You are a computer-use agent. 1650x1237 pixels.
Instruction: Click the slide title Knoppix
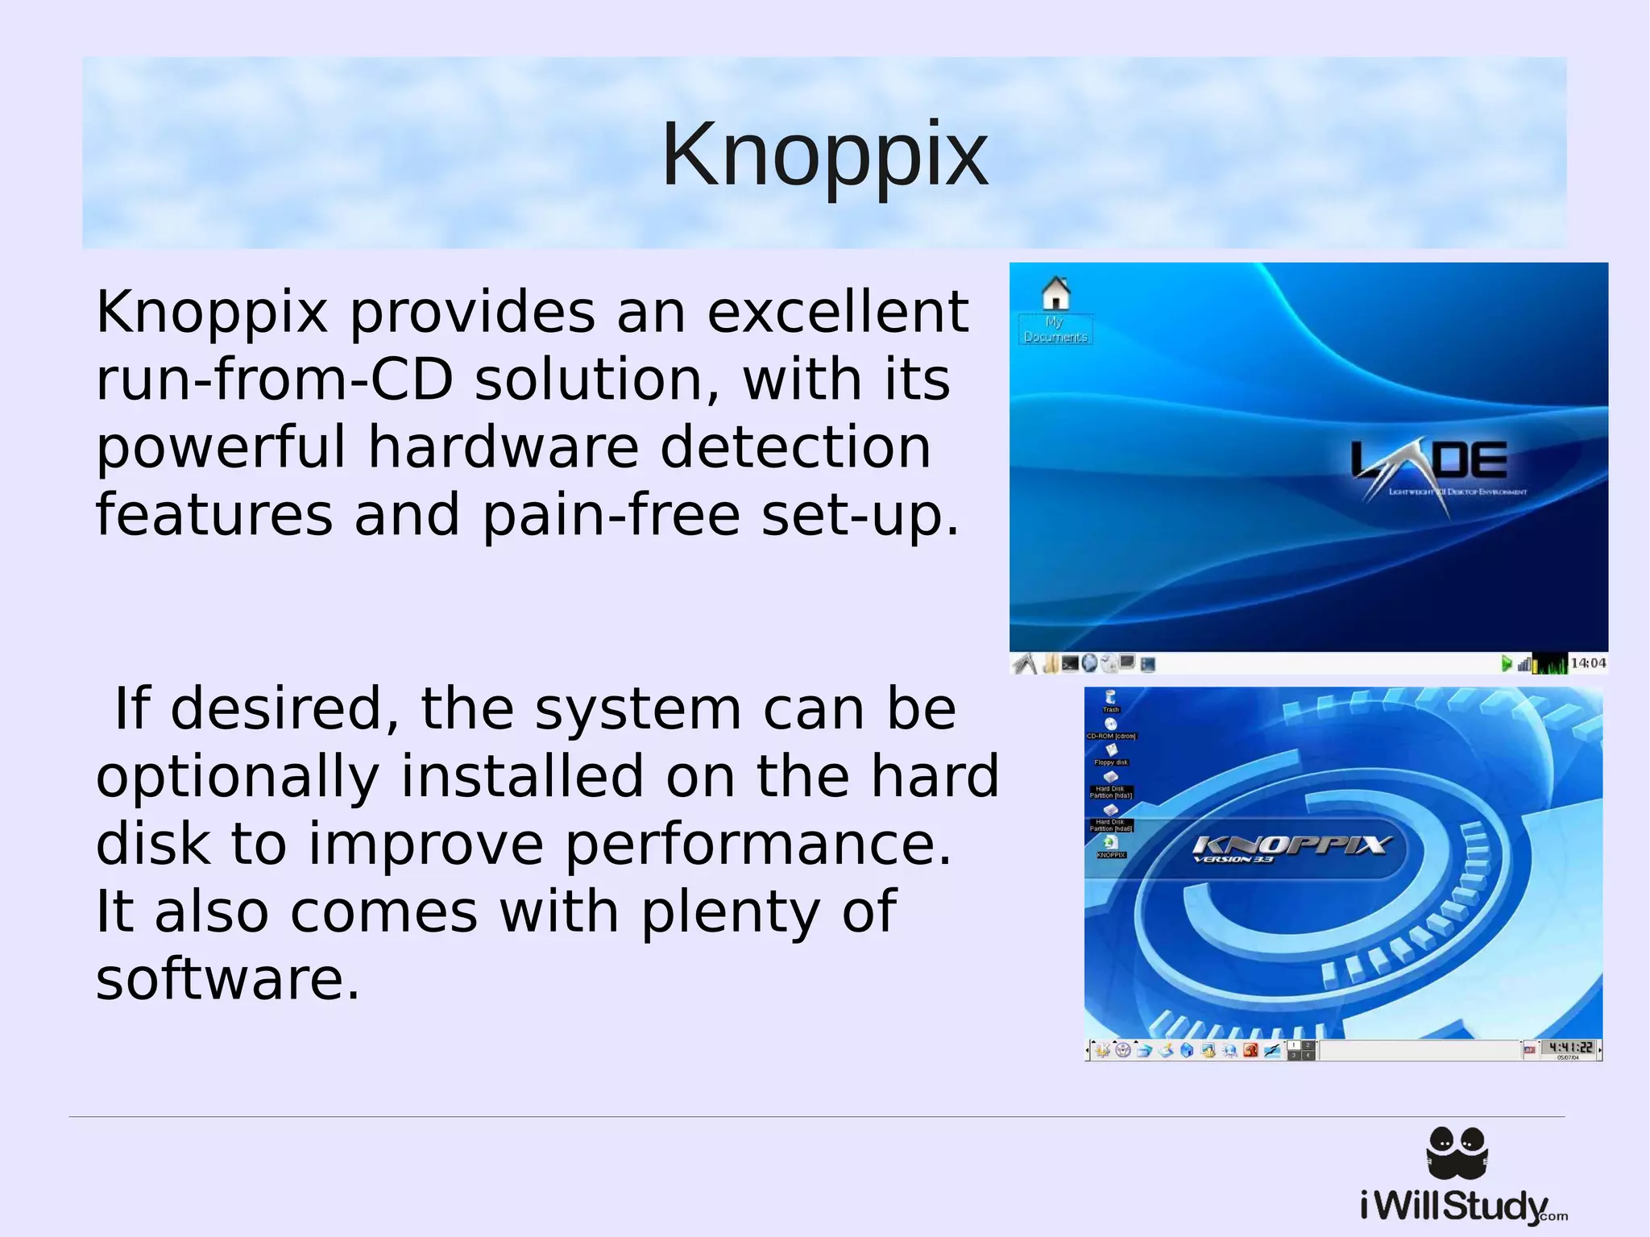coord(824,154)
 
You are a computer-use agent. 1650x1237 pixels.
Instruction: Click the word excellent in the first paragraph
coord(838,312)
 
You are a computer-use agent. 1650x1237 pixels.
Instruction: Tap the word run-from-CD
coord(275,380)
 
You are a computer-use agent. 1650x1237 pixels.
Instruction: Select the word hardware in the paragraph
coord(504,447)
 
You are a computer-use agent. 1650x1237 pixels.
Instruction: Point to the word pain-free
coord(611,515)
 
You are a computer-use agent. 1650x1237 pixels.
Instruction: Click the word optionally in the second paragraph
coord(238,776)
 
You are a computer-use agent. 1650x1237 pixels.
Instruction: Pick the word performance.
coord(757,844)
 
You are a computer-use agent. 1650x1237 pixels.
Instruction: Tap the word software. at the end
coord(227,979)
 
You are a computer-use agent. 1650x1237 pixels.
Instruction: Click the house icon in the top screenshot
coord(1056,293)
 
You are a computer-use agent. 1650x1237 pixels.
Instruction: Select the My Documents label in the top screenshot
coord(1055,330)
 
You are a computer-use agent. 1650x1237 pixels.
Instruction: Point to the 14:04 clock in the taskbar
coord(1587,663)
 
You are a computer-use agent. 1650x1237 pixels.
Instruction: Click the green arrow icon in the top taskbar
coord(1506,663)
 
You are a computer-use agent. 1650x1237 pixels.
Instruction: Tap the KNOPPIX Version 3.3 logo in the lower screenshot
coord(1291,848)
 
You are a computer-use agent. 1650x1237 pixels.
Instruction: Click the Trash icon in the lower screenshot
coord(1111,699)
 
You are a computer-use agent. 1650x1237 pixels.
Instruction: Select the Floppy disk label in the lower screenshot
coord(1111,762)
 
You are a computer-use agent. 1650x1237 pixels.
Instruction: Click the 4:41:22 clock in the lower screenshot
coord(1570,1048)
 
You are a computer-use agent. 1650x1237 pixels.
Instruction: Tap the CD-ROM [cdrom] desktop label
coord(1111,736)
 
